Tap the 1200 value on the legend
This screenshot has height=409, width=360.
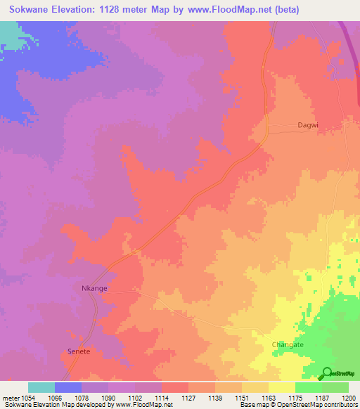coord(349,396)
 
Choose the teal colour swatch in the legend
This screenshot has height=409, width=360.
coord(41,387)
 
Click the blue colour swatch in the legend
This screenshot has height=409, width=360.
coord(68,387)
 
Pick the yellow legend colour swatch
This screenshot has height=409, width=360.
coord(282,387)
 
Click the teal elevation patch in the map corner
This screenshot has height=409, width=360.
coord(8,34)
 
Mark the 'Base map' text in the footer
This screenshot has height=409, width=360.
coord(255,405)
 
